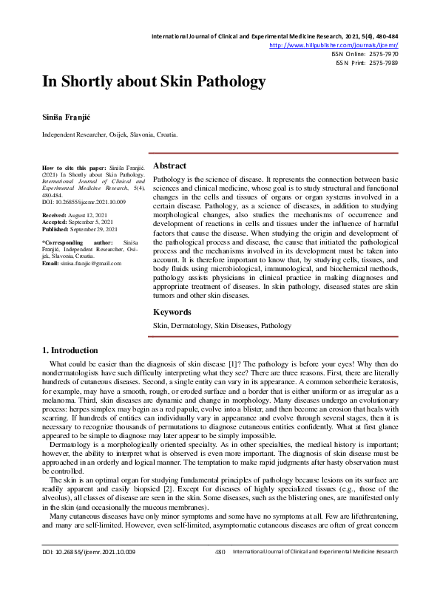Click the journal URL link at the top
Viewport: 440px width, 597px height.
pyautogui.click(x=334, y=44)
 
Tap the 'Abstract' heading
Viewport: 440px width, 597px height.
pyautogui.click(x=169, y=166)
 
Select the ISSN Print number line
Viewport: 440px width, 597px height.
pyautogui.click(x=367, y=64)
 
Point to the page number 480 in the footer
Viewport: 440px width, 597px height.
pyautogui.click(x=220, y=572)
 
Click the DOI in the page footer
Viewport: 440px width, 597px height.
pyautogui.click(x=89, y=572)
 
